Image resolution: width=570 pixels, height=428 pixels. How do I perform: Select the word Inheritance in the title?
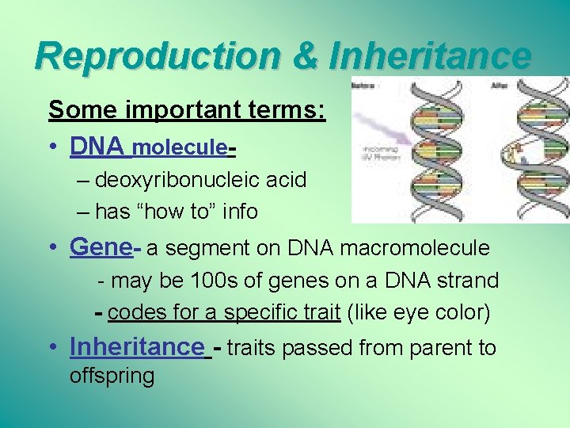[x=430, y=55]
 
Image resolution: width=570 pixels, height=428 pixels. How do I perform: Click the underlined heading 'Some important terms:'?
[x=187, y=109]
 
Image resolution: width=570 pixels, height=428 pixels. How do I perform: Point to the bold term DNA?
[x=97, y=147]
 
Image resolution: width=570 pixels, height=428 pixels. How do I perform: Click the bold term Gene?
[x=99, y=247]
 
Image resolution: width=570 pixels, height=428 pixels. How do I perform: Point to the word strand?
[x=469, y=281]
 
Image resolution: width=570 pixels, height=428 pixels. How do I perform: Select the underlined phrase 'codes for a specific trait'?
[x=224, y=312]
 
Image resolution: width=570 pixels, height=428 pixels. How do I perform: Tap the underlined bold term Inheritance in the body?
[x=136, y=346]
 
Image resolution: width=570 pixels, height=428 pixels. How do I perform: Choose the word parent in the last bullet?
[x=427, y=348]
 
